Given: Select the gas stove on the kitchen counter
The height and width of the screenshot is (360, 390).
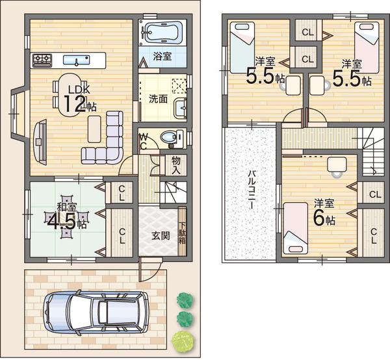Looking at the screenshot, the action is (x=42, y=60).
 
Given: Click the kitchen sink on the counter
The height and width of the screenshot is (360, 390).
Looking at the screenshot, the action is (x=76, y=60).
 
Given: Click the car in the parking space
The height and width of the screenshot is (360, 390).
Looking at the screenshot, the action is (x=96, y=312).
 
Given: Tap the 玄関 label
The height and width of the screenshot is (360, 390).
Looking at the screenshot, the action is (x=161, y=236).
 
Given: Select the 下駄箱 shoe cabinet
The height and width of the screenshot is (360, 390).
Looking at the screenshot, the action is (x=182, y=232).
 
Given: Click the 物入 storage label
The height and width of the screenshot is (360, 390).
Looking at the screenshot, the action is (x=176, y=165).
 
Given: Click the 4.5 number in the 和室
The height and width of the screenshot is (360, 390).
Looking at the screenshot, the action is (x=61, y=222).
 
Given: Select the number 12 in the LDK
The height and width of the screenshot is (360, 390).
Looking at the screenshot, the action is (x=75, y=104).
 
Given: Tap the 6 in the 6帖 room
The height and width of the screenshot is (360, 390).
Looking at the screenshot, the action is (x=318, y=219).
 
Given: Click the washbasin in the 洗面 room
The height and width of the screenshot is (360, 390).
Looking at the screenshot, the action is (x=180, y=108).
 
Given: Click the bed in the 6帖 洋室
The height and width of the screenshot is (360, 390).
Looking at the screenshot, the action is (x=296, y=228).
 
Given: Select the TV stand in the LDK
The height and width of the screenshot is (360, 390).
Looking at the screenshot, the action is (x=40, y=142).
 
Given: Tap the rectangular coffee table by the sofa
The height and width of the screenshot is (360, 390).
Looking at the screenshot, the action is (x=94, y=129).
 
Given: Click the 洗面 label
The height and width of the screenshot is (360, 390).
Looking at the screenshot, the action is (x=158, y=99).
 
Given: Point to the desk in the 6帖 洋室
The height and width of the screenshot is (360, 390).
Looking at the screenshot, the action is (x=337, y=164).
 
